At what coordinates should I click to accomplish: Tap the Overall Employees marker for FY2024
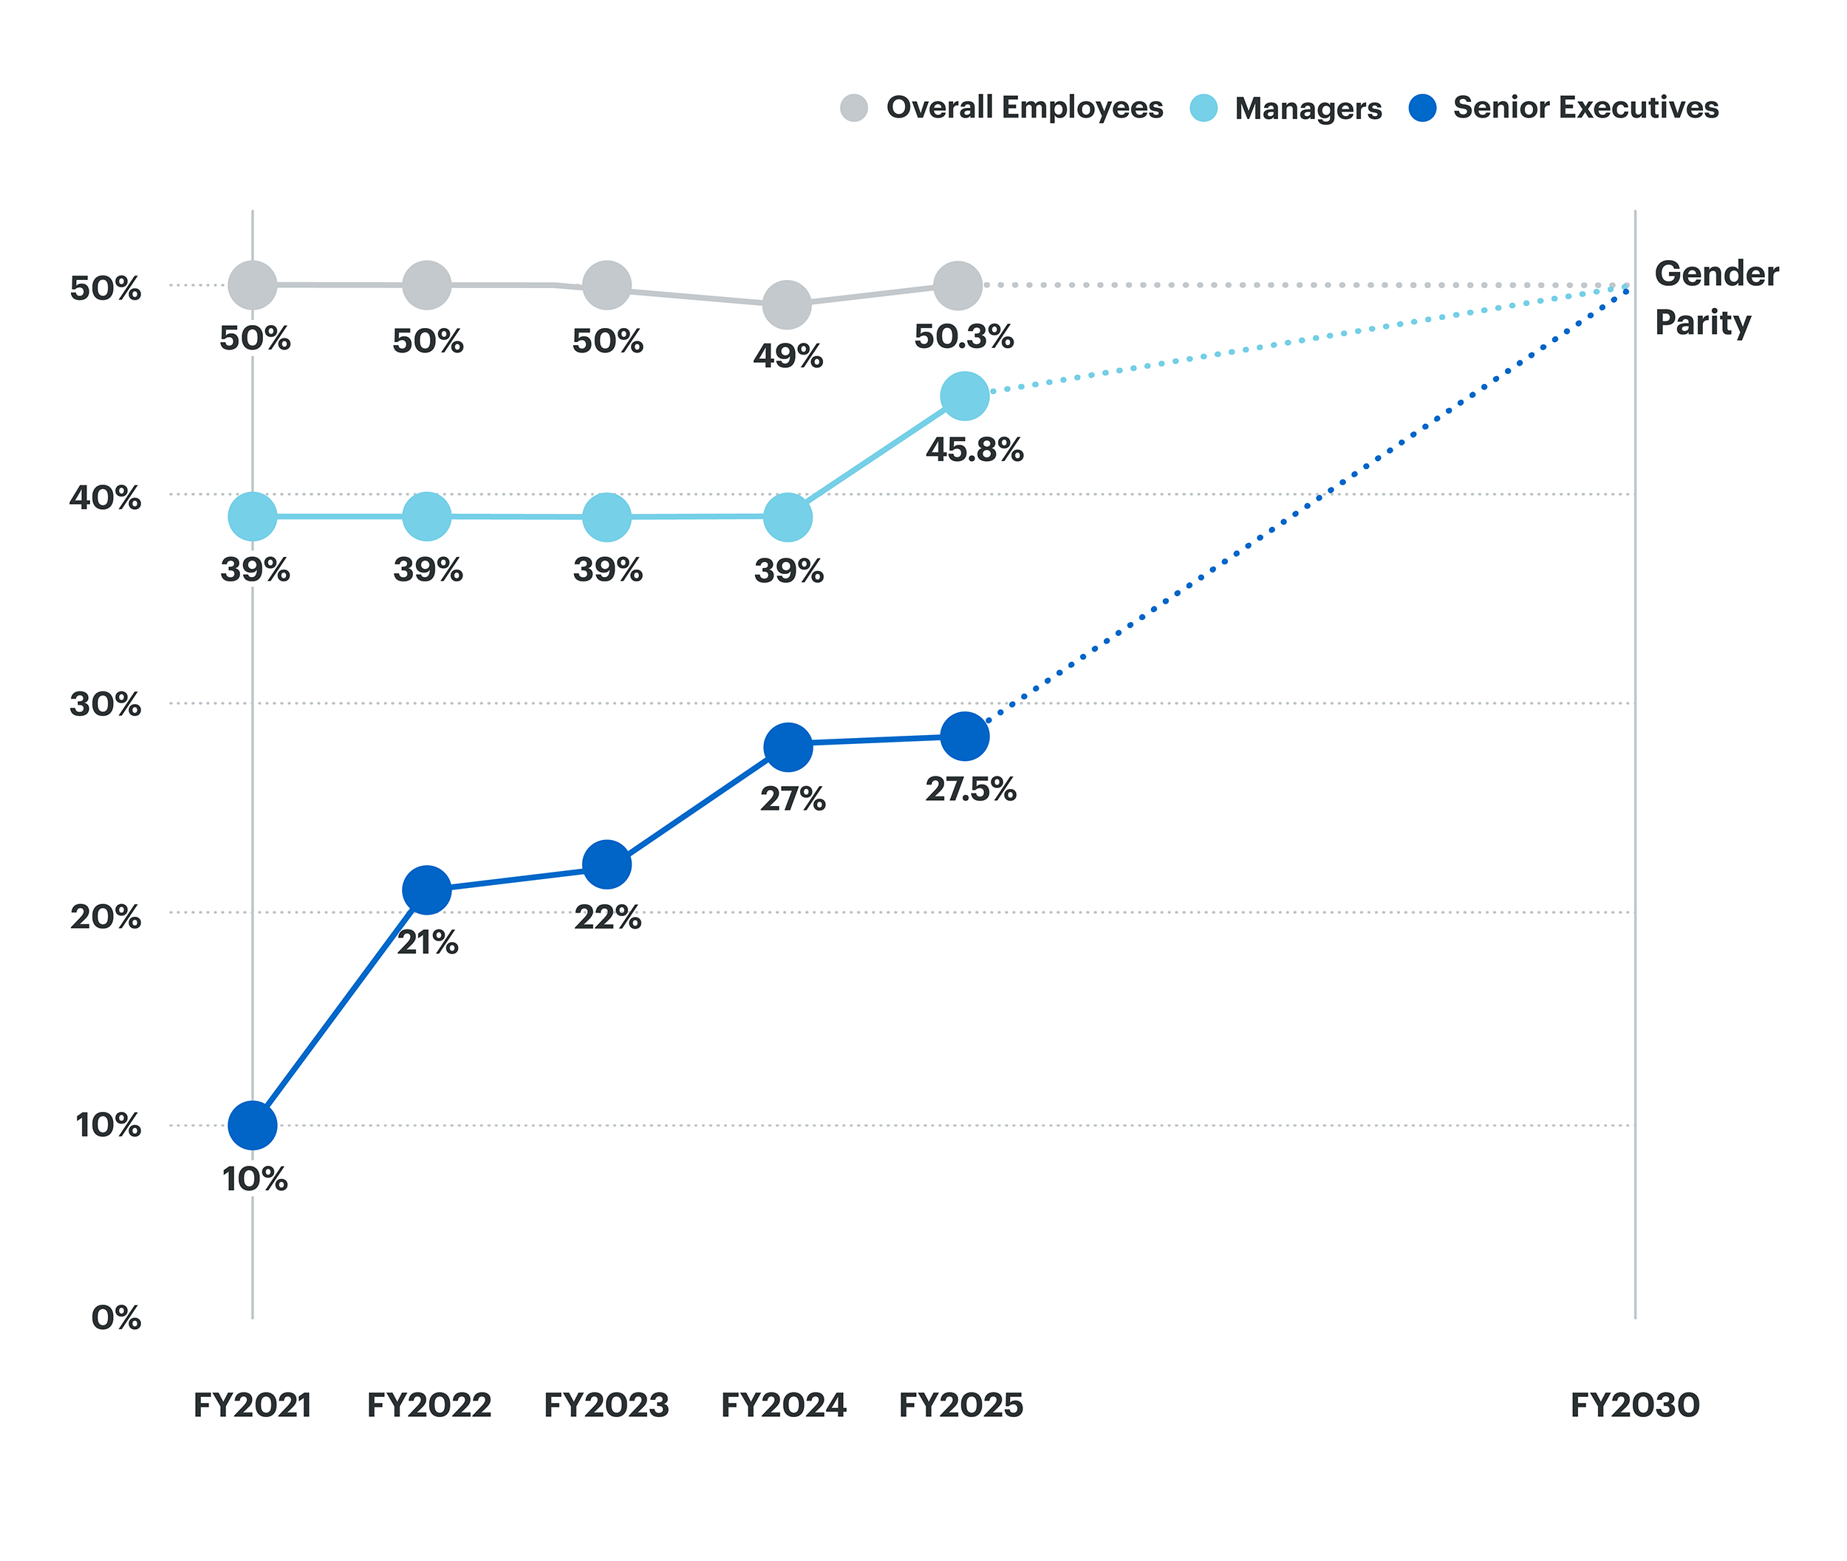click(x=786, y=304)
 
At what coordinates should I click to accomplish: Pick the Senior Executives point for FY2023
click(x=607, y=864)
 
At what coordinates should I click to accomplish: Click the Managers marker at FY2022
click(x=426, y=516)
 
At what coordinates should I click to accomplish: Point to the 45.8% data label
click(x=974, y=450)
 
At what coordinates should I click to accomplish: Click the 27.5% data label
click(x=970, y=788)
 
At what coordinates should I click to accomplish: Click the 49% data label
click(x=787, y=356)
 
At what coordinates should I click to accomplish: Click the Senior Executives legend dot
click(x=1421, y=107)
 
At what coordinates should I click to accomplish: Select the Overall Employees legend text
click(x=1024, y=107)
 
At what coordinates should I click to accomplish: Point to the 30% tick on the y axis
click(x=106, y=704)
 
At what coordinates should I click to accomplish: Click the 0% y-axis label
click(x=116, y=1318)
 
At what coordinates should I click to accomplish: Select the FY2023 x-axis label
click(x=607, y=1405)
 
